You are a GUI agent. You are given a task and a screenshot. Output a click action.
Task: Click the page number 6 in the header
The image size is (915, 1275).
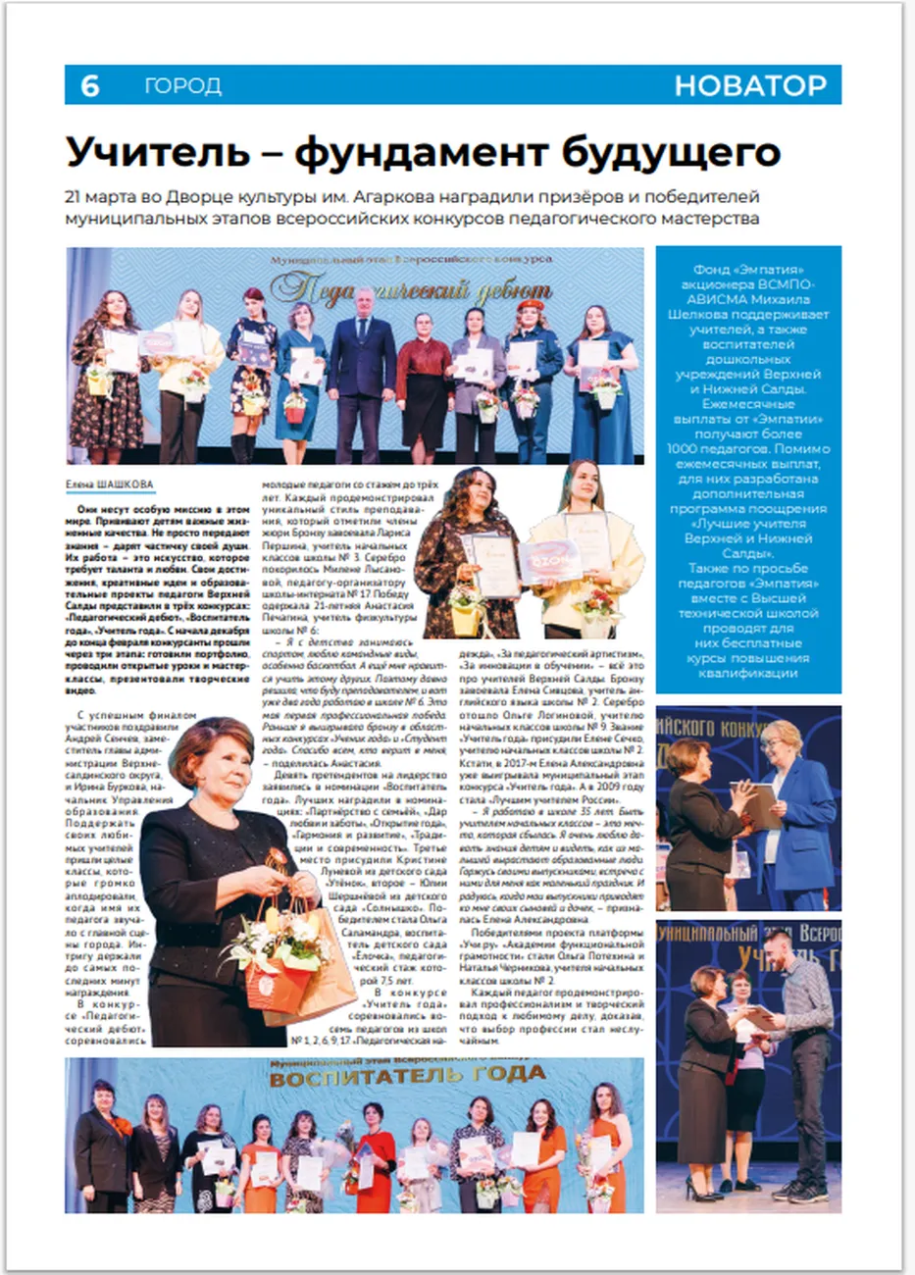click(89, 86)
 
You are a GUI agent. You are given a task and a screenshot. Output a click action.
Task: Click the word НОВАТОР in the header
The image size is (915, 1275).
click(750, 86)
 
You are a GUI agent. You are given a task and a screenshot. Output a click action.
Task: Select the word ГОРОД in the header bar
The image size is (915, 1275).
click(183, 86)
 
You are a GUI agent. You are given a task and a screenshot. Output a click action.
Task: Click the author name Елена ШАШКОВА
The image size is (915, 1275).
click(109, 484)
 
